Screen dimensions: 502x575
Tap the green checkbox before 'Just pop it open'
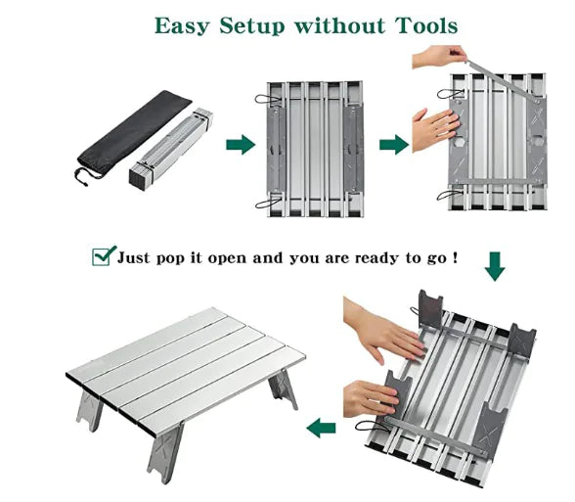coord(103,256)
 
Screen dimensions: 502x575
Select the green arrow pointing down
coord(495,265)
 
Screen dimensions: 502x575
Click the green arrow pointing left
coord(321,428)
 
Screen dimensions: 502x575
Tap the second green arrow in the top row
coord(393,145)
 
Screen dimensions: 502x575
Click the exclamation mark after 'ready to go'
coord(455,257)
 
